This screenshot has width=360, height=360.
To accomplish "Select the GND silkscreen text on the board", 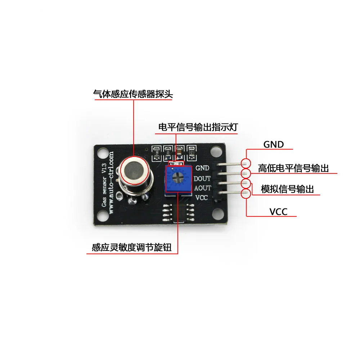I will [x=202, y=168].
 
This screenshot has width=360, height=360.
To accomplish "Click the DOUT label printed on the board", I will [x=202, y=178].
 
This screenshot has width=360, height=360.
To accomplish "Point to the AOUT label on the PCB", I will [x=202, y=188].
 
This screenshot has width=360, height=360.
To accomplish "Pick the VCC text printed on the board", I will [x=202, y=198].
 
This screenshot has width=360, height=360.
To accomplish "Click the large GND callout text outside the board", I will [x=274, y=145].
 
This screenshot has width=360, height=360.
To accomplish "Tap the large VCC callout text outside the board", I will [x=279, y=212].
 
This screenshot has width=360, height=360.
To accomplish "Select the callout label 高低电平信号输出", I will [x=293, y=168].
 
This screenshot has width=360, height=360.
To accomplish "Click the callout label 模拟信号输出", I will [x=288, y=189].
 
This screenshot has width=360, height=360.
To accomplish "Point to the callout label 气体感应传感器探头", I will [x=133, y=94].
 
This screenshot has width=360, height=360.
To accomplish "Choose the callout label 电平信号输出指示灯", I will [x=198, y=127].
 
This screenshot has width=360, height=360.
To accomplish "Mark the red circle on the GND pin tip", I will [x=246, y=163].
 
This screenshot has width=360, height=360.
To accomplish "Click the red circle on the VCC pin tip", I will [x=246, y=194].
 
